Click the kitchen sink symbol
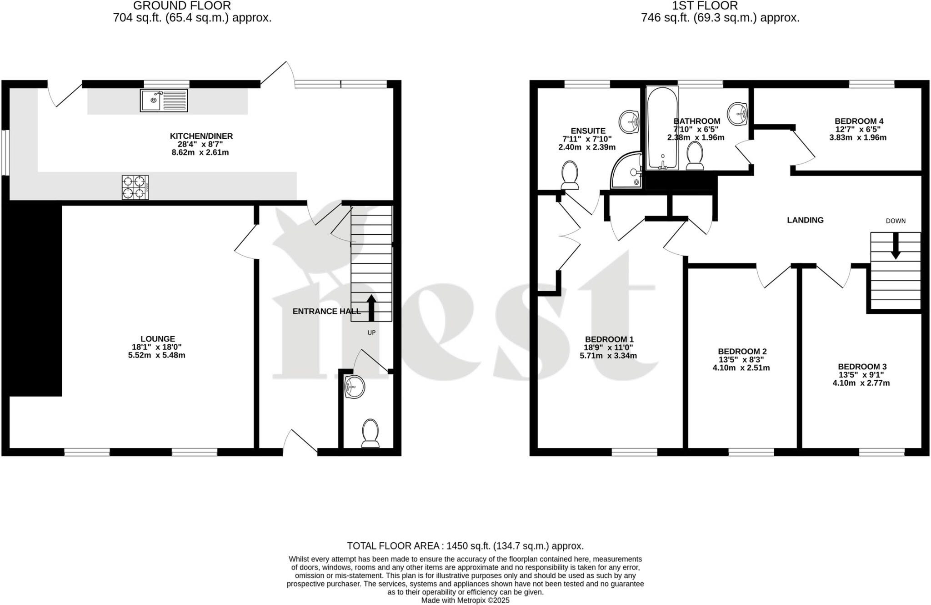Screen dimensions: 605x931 coord(164,101)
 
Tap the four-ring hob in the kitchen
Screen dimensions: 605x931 coord(135,187)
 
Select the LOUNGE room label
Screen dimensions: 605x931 coord(157,339)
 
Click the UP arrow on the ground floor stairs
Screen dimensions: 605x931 coord(371,308)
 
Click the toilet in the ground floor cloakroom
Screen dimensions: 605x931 coord(370,433)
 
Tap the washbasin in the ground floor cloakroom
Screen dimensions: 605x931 coord(354,387)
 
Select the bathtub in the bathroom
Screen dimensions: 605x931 coord(662,128)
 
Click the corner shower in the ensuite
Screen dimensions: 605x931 coord(627,172)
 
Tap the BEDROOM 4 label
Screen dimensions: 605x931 coord(859,121)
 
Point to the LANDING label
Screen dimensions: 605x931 coord(805,220)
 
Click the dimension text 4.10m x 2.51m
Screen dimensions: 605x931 coord(741,368)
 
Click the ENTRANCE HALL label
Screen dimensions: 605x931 coord(326,311)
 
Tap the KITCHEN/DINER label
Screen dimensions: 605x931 coord(201,136)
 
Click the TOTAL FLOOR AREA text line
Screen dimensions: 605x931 coord(465,546)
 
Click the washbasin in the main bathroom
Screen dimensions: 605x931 coord(738,114)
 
